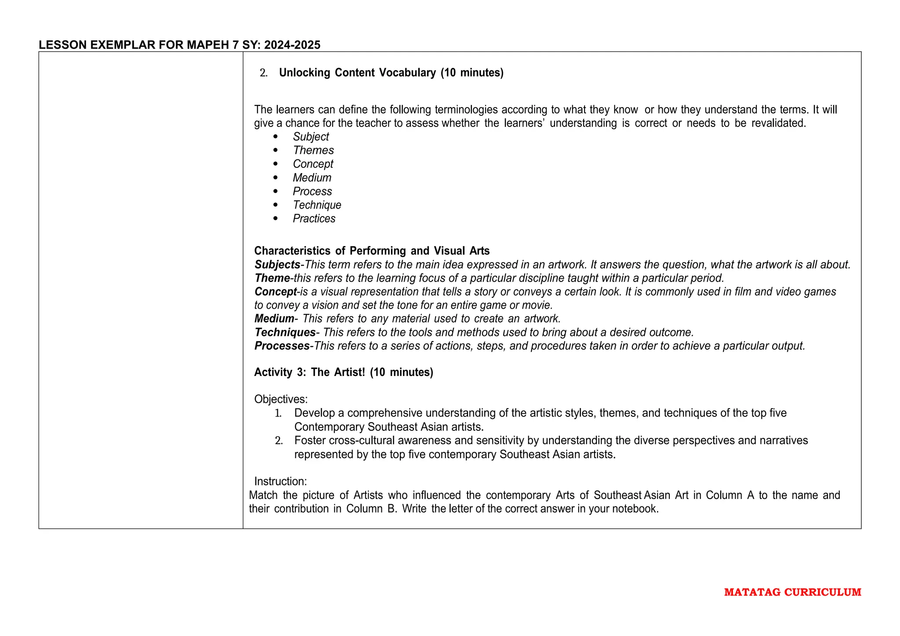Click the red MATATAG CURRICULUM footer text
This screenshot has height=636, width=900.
pyautogui.click(x=792, y=592)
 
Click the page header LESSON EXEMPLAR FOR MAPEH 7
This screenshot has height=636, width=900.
pyautogui.click(x=179, y=45)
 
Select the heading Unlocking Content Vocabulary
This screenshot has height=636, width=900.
pyautogui.click(x=391, y=72)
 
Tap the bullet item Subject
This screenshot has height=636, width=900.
pyautogui.click(x=311, y=137)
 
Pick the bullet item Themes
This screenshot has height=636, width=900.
pyautogui.click(x=313, y=150)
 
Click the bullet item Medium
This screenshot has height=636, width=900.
pyautogui.click(x=312, y=177)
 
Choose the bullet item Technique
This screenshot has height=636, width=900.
pyautogui.click(x=317, y=205)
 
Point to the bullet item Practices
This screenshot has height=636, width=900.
pyautogui.click(x=314, y=218)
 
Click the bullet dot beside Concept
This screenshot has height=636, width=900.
pyautogui.click(x=276, y=164)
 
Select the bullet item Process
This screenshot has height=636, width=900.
pyautogui.click(x=312, y=191)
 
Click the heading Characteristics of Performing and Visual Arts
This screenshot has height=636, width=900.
pyautogui.click(x=372, y=251)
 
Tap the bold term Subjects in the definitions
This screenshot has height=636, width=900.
pyautogui.click(x=277, y=264)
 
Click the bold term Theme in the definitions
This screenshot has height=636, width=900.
pyautogui.click(x=272, y=278)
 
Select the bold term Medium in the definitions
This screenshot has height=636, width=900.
pyautogui.click(x=274, y=318)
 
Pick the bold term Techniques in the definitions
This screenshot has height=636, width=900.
pyautogui.click(x=285, y=332)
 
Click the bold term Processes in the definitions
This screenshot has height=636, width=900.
pyautogui.click(x=282, y=346)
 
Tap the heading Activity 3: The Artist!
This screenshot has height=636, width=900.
pyautogui.click(x=343, y=372)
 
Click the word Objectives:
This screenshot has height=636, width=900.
pyautogui.click(x=281, y=399)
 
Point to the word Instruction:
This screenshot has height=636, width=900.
pyautogui.click(x=280, y=481)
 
